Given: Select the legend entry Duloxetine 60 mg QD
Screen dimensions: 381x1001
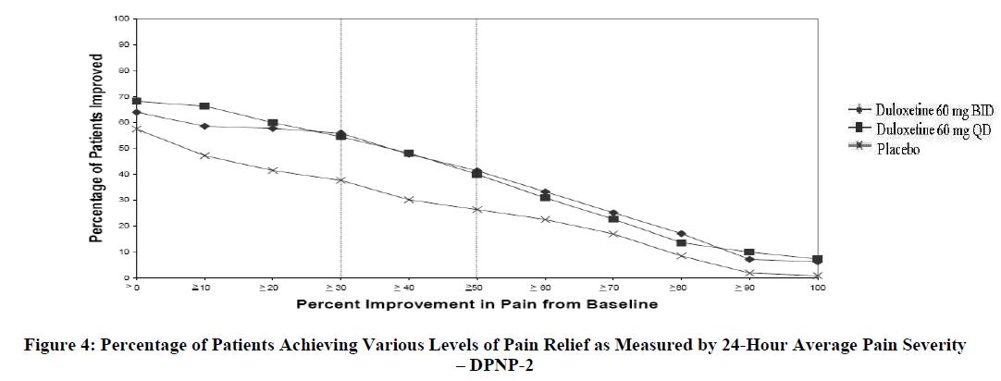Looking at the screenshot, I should pyautogui.click(x=926, y=130).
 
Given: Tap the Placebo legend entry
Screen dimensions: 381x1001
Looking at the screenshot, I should pyautogui.click(x=897, y=150).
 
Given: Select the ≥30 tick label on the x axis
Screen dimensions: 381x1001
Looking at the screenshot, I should pyautogui.click(x=340, y=289).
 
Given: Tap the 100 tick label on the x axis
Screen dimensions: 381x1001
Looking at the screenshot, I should pyautogui.click(x=818, y=289).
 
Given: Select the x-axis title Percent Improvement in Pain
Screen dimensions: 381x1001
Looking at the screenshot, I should pyautogui.click(x=476, y=303).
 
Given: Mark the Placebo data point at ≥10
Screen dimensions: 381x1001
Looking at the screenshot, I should pyautogui.click(x=204, y=155).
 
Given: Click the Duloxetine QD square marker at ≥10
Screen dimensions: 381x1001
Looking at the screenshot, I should pyautogui.click(x=204, y=106).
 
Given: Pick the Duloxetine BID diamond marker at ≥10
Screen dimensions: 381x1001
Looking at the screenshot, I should pyautogui.click(x=204, y=126).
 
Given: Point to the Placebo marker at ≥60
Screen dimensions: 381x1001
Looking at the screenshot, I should pyautogui.click(x=545, y=219).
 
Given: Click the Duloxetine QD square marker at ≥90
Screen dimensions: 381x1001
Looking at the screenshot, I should pyautogui.click(x=749, y=252).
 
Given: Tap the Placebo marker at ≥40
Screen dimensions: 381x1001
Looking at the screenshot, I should pyautogui.click(x=408, y=199).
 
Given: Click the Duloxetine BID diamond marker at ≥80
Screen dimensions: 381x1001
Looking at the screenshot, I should pyautogui.click(x=681, y=233).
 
